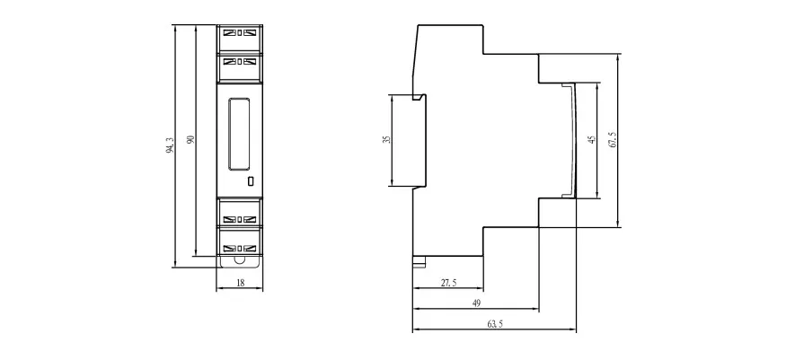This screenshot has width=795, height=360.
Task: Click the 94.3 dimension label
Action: [x=170, y=145]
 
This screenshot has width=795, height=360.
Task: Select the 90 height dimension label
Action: [x=190, y=139]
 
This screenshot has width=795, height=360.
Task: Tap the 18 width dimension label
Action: [x=241, y=283]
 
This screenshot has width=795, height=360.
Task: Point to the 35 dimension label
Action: [x=387, y=139]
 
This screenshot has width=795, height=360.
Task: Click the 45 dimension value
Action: [x=592, y=139]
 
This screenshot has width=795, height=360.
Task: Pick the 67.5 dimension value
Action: [x=612, y=139]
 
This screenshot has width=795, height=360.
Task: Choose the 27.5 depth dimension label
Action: [x=449, y=283]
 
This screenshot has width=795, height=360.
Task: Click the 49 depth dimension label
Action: [x=476, y=303]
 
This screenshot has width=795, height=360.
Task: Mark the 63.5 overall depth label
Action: [x=495, y=324]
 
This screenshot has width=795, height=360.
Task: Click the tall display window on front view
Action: [x=238, y=134]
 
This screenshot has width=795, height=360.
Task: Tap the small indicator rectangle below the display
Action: [x=250, y=181]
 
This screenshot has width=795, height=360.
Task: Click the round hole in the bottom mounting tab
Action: [x=239, y=260]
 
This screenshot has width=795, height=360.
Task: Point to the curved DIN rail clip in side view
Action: [x=572, y=139]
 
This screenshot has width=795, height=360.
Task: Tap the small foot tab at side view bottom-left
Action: [x=419, y=262]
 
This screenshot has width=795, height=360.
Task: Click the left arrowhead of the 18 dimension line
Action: [x=219, y=289]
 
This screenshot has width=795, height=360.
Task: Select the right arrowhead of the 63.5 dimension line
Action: [x=573, y=330]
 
